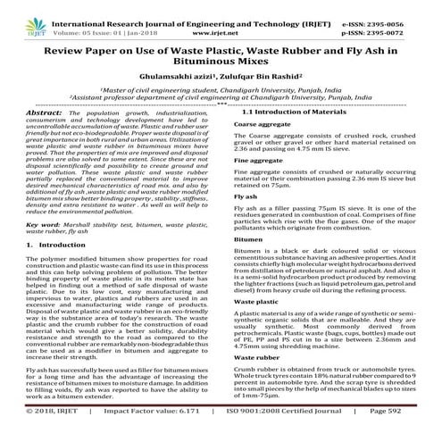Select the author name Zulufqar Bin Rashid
pyautogui.click(x=254, y=78)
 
